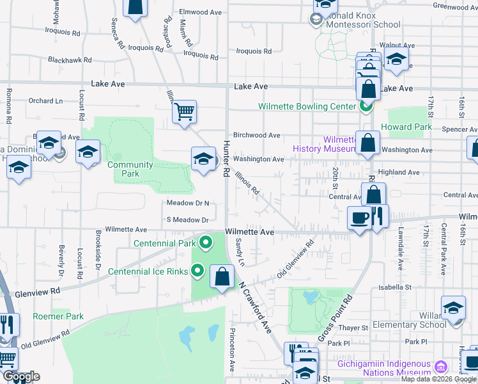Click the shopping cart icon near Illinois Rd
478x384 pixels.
[184, 112]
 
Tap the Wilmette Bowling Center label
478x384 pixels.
[306, 106]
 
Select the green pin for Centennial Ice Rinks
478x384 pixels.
[197, 271]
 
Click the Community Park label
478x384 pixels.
[130, 169]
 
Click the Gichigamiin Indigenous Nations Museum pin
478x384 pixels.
[440, 367]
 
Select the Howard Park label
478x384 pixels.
[406, 127]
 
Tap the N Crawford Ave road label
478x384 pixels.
[256, 307]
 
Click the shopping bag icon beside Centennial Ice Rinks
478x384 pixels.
[222, 277]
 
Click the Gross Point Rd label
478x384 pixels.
[335, 318]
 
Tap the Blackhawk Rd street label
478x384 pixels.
[70, 60]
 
